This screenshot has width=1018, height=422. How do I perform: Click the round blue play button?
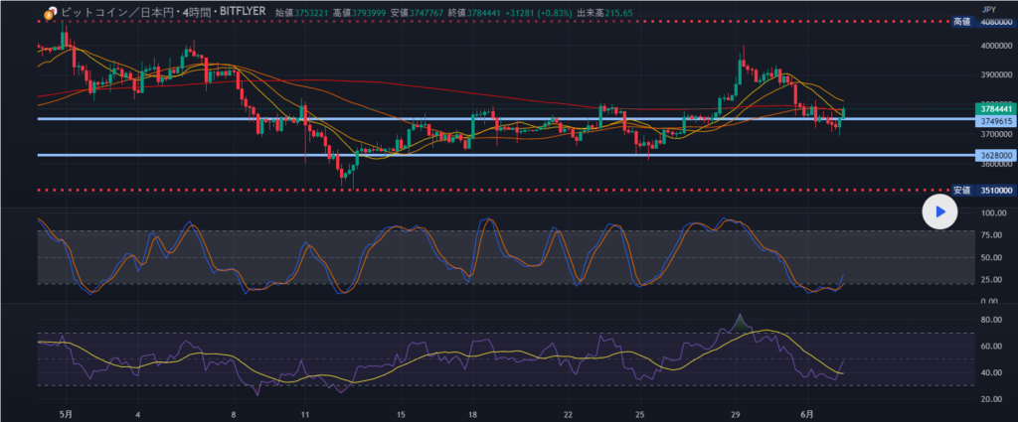pos(937,211)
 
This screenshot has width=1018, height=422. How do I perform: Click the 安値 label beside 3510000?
pos(961,190)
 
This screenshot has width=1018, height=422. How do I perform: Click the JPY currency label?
pos(987,7)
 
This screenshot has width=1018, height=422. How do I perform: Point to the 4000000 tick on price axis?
pos(993,46)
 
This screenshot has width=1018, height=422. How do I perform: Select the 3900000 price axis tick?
pos(993,74)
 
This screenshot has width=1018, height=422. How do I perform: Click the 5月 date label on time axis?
pos(67,413)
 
